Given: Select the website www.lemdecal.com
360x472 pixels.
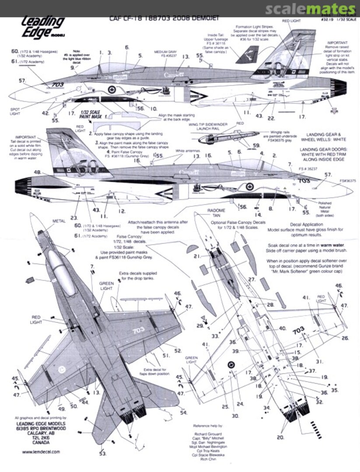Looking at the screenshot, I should tap(37, 452).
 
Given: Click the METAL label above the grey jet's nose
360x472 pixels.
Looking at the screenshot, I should tap(59, 221).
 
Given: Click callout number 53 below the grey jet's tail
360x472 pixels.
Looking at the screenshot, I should tap(102, 454).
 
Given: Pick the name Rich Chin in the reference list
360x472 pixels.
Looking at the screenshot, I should tap(211, 464).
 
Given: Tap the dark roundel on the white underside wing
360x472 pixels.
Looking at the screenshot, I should tap(231, 365).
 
